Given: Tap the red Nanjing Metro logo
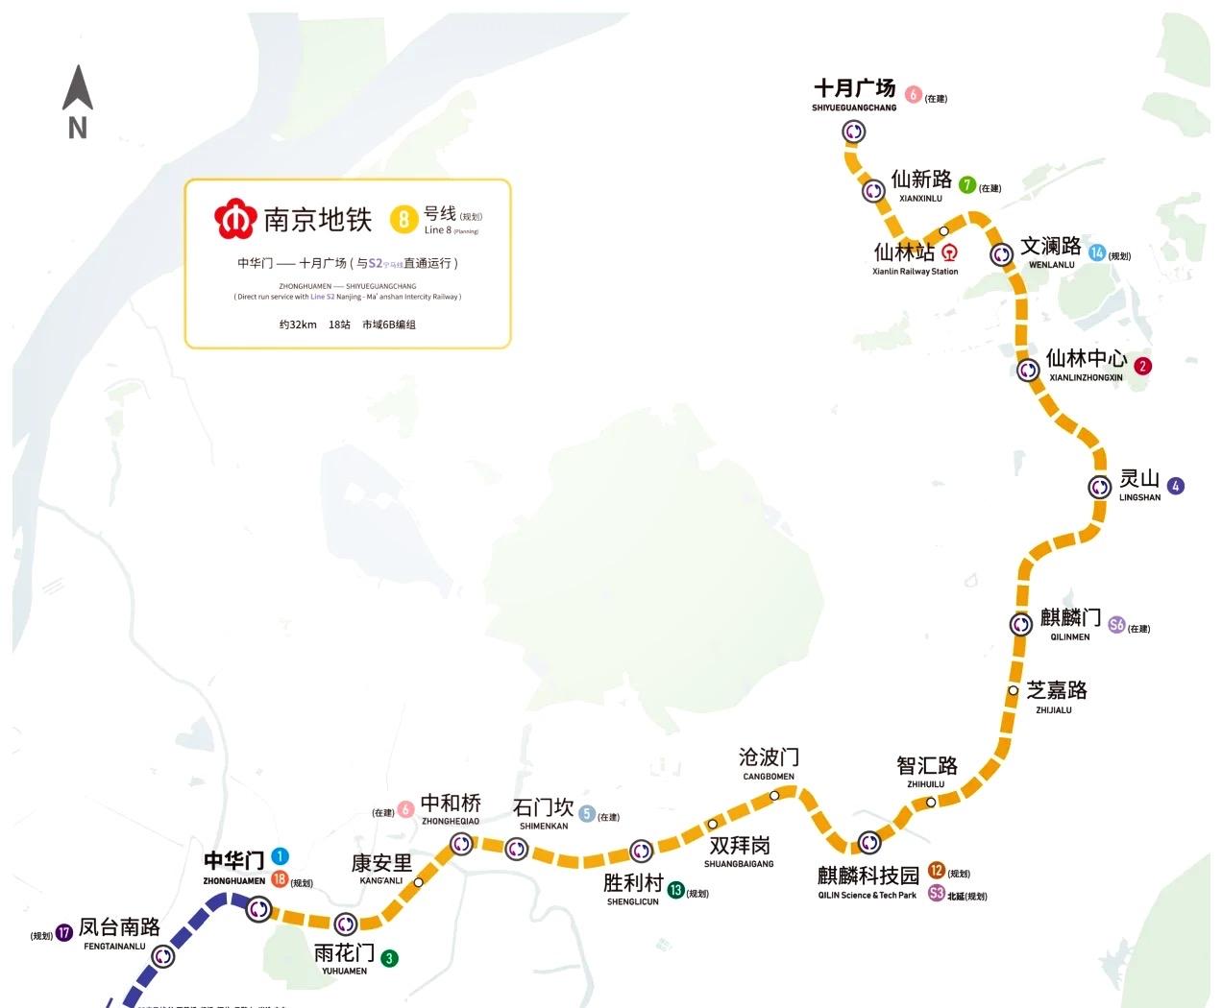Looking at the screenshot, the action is (232, 219).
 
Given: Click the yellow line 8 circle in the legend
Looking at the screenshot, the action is (403, 220).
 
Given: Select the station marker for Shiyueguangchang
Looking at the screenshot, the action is (854, 132).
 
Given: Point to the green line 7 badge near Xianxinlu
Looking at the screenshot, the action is (967, 184).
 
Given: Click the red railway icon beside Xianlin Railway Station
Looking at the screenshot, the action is (949, 252).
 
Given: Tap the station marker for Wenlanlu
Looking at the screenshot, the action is (1001, 254).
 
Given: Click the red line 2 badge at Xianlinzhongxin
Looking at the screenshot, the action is (1142, 366).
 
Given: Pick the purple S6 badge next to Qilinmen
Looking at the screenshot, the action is (1116, 625).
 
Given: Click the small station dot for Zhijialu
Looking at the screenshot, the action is (1013, 690).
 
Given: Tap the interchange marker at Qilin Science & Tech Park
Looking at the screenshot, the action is (868, 843).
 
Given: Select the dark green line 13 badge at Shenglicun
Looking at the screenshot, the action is (675, 890).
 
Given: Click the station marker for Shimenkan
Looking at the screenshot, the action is (517, 849).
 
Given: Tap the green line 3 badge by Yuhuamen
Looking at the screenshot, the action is (389, 958).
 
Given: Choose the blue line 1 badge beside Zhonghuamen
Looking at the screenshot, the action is (280, 855).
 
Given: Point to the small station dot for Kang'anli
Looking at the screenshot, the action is (418, 882).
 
